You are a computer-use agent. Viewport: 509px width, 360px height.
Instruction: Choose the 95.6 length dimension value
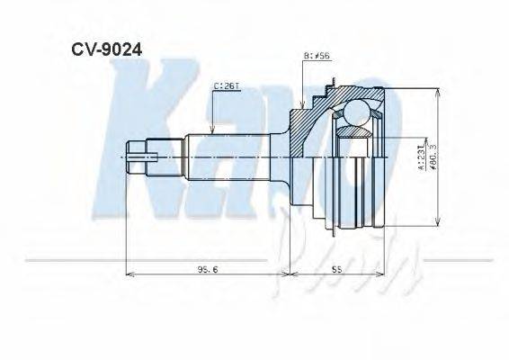click(204, 268)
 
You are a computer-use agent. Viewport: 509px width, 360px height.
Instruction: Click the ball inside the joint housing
click(354, 114)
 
